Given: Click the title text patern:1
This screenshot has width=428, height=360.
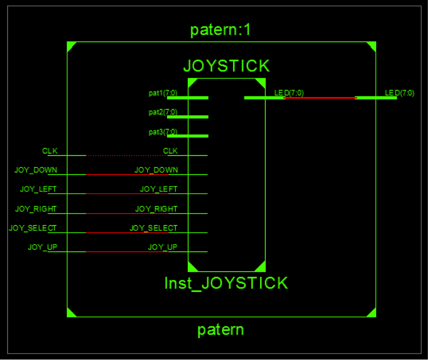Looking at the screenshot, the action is click(220, 30).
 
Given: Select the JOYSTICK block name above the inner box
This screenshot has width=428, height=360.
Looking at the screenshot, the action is click(226, 66).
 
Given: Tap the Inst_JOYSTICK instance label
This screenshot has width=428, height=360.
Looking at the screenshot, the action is click(226, 283).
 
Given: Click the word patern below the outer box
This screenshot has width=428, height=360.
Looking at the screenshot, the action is click(221, 330).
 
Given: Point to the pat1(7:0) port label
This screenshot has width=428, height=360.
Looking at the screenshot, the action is click(163, 93).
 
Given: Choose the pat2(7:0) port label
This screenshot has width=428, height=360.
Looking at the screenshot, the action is click(163, 112).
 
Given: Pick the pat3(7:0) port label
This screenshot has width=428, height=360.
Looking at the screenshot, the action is click(163, 132).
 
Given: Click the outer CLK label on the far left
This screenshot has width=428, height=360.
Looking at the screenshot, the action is click(49, 151).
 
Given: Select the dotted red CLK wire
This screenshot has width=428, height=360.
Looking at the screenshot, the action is click(127, 156).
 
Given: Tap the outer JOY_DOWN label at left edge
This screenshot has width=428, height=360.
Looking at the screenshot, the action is click(36, 170).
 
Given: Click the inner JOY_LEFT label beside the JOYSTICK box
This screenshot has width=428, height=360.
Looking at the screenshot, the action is click(158, 189).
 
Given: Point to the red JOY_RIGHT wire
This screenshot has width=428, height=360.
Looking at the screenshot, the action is click(127, 214).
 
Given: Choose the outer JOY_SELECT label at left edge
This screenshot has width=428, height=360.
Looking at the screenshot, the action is click(33, 228).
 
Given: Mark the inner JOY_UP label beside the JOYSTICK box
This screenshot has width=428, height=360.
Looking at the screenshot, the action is click(163, 247).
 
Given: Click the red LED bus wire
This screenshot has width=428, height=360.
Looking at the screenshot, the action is click(320, 97).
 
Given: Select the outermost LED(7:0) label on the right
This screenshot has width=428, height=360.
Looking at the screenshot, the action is click(399, 93).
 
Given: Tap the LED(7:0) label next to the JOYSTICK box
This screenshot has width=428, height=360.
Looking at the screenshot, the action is click(289, 93).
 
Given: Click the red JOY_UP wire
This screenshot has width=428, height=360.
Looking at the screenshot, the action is click(127, 252).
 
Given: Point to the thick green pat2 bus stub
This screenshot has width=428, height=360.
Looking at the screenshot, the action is click(187, 117).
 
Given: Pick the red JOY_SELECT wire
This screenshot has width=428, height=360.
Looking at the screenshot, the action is click(127, 233).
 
